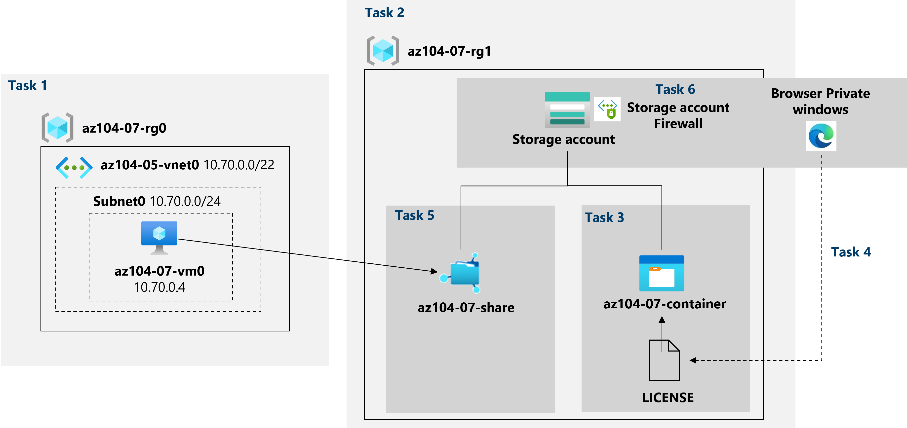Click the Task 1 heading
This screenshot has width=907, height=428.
28,86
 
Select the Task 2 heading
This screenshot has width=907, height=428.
384,13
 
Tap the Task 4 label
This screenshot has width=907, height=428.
851,252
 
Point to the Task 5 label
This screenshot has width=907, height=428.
414,215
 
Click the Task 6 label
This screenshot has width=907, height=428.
675,89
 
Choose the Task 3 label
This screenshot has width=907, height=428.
604,217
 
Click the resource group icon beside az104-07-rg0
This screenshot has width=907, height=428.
57,127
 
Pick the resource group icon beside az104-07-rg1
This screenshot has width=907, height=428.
383,51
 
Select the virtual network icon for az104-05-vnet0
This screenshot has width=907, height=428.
74,168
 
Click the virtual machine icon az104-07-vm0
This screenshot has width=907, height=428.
159,237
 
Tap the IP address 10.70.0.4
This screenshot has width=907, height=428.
159,287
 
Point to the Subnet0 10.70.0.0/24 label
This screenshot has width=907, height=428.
157,201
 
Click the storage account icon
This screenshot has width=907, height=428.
567,109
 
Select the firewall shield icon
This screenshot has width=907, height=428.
607,109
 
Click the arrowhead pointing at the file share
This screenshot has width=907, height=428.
434,271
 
